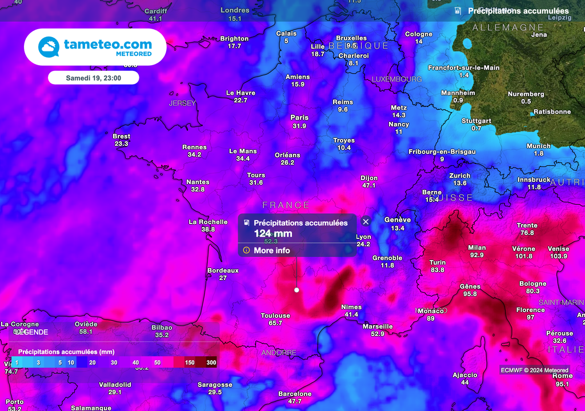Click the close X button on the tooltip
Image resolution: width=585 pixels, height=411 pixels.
click(366, 222)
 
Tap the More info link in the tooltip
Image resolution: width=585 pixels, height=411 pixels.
click(271, 250)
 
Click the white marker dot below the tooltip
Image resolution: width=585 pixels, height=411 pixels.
click(296, 290)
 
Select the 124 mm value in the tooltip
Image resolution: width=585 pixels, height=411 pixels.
click(273, 233)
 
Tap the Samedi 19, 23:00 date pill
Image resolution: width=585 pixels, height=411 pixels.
click(93, 77)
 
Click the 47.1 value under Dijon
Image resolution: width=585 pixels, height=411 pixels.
click(369, 185)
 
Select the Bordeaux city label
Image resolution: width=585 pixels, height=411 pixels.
click(223, 270)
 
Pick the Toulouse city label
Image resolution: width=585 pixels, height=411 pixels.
click(275, 316)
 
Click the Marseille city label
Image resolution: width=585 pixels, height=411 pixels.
click(378, 326)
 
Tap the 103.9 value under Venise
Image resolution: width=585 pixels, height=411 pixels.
click(558, 256)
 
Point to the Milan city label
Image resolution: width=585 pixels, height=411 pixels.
click(476, 248)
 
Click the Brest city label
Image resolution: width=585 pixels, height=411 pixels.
click(121, 136)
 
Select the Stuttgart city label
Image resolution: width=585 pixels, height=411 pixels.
click(476, 121)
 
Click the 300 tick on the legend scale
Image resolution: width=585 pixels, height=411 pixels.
click(211, 362)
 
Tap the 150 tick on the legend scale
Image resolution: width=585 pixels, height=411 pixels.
click(189, 362)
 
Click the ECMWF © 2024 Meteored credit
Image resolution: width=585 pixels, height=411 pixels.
click(534, 370)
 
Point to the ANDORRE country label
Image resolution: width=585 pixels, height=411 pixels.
click(279, 353)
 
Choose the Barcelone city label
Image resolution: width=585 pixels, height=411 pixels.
click(295, 394)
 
